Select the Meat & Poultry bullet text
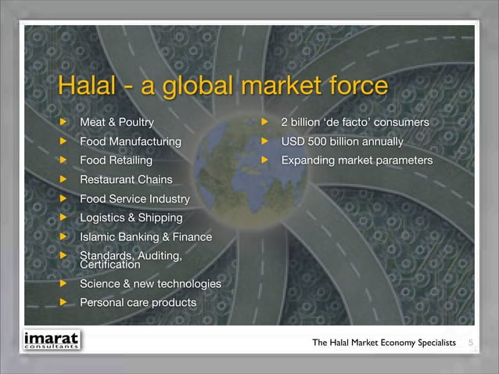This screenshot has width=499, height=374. click(x=117, y=123)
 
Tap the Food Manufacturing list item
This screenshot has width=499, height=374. click(x=130, y=142)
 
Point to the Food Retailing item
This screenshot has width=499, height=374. click(x=116, y=160)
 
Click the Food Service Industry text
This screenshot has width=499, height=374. click(x=134, y=199)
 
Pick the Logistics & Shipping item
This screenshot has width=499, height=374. click(x=131, y=218)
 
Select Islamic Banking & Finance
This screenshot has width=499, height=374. click(x=145, y=237)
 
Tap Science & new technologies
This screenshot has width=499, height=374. click(x=149, y=283)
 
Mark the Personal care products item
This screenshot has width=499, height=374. click(x=138, y=302)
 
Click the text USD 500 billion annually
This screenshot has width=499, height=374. click(x=343, y=142)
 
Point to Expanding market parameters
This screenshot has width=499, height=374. click(x=357, y=160)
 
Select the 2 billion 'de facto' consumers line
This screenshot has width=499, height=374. click(x=355, y=123)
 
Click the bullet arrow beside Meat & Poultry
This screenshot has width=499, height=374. click(x=64, y=123)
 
